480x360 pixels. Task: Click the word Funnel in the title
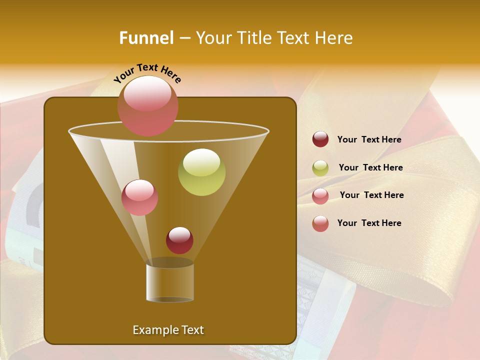click(x=146, y=38)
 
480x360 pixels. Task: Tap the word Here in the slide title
click(x=334, y=38)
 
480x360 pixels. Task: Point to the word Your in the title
click(x=213, y=38)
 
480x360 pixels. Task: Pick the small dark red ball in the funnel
click(x=179, y=241)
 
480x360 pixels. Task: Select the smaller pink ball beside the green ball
click(x=139, y=198)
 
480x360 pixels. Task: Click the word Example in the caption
click(x=153, y=330)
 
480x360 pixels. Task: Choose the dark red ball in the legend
click(x=320, y=139)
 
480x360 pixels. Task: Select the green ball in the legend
click(x=320, y=168)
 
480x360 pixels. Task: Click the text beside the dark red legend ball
click(x=369, y=140)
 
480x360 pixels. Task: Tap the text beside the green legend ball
click(x=370, y=168)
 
